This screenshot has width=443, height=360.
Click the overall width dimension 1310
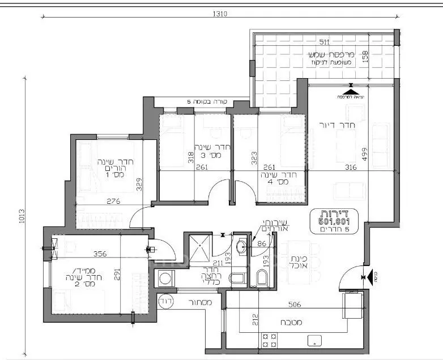point(220,14)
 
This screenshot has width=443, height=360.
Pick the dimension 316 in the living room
point(351,168)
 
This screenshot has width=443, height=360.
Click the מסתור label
point(201,303)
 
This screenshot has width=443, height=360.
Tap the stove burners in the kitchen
point(269,341)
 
